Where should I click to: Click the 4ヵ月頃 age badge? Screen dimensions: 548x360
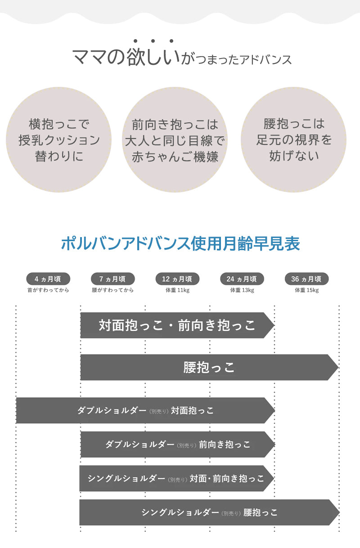click(48, 279)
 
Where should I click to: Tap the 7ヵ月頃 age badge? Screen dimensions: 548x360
click(112, 279)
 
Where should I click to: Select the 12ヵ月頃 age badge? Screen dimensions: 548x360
click(177, 279)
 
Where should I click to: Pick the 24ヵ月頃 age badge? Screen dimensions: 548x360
click(242, 279)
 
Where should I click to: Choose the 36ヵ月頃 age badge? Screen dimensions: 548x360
click(306, 279)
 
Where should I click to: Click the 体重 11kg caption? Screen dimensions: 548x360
click(177, 290)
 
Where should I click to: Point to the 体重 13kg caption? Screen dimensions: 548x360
click(242, 290)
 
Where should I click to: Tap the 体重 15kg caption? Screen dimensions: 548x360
click(306, 290)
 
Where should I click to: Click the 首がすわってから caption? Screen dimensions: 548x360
click(48, 290)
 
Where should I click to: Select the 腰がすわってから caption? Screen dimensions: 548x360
click(112, 290)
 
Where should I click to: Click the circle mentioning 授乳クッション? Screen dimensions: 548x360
click(58, 140)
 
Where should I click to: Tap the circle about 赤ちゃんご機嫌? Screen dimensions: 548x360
click(175, 140)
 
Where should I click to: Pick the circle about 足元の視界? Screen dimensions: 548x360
click(293, 140)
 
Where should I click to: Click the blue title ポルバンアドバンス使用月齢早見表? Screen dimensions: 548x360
click(180, 244)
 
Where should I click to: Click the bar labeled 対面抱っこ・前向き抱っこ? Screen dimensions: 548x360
click(177, 325)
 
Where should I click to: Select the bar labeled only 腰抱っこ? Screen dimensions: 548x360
click(209, 368)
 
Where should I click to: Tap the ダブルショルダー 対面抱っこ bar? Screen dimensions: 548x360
click(145, 410)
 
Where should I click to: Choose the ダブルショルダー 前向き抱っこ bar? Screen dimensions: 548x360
click(177, 445)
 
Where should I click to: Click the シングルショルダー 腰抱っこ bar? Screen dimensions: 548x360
click(209, 512)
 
